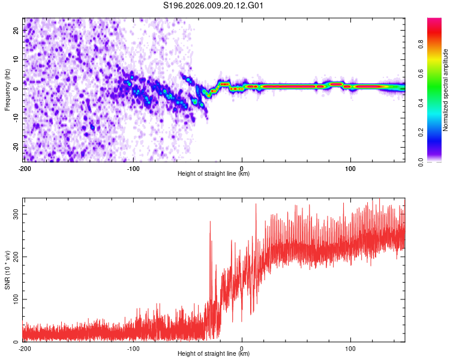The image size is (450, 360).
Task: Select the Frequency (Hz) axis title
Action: point(7,90)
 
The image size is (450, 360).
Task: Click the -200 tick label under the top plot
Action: point(25,168)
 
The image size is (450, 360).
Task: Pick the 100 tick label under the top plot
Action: point(350,168)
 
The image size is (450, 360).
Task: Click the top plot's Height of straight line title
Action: point(214,174)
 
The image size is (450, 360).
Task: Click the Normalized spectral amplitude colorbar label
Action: point(446,90)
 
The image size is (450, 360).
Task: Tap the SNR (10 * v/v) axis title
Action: point(7,270)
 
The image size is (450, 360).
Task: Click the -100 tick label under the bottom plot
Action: point(133,348)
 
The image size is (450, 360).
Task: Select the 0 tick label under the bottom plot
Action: point(242,348)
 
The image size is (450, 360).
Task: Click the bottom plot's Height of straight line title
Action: point(214,354)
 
